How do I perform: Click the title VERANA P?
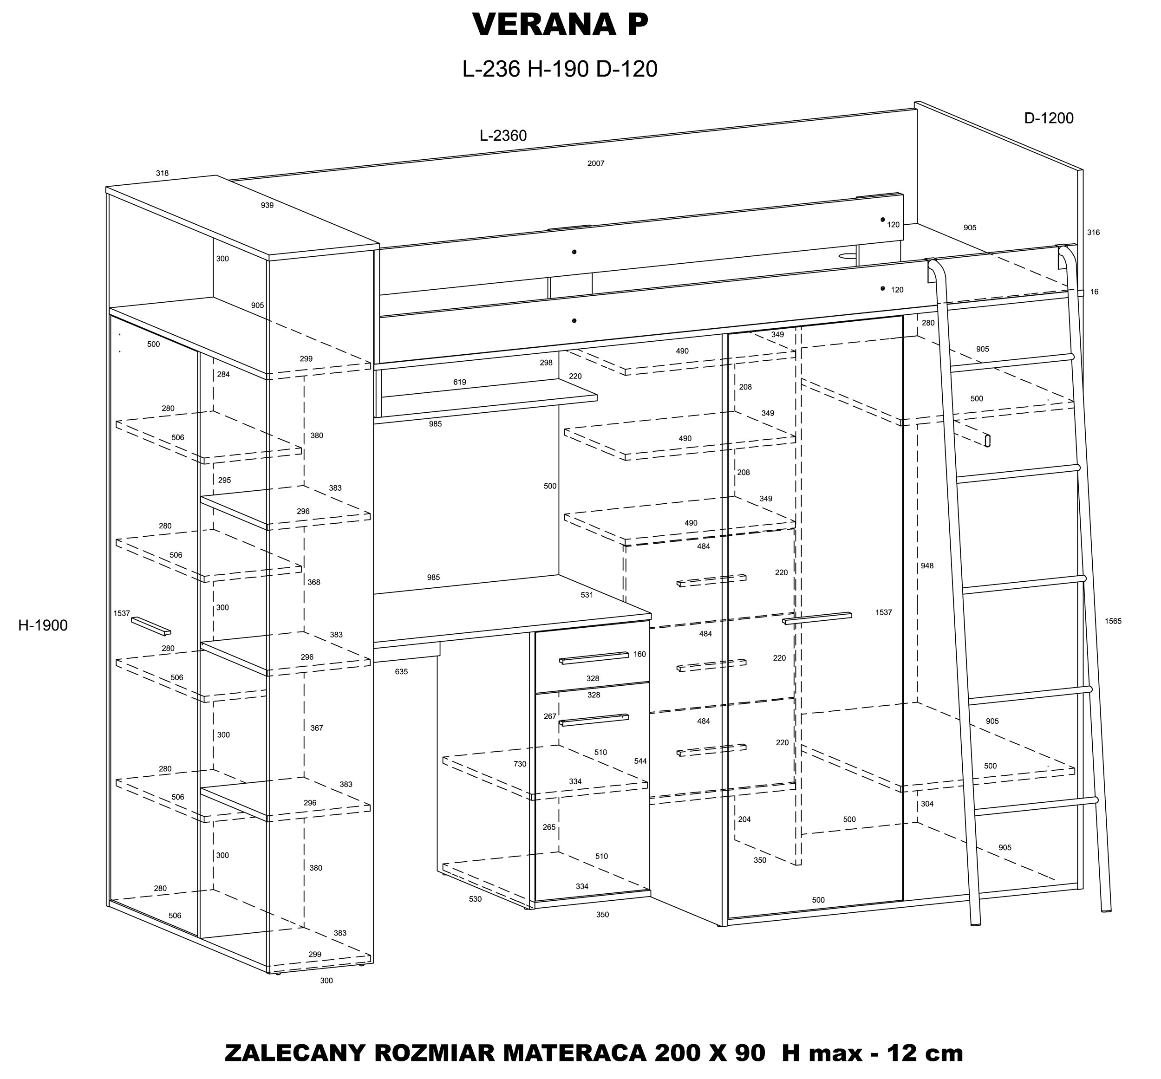(560, 25)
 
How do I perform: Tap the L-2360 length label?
(503, 136)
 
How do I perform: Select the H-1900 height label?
(43, 626)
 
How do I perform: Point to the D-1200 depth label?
(1049, 118)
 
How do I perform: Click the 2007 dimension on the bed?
(596, 163)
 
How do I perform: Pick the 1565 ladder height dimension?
(1113, 621)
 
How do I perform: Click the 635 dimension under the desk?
(401, 672)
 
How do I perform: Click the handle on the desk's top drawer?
(594, 657)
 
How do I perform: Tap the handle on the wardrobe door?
(817, 618)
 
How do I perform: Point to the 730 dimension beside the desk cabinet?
(520, 764)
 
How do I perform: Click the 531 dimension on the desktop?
(587, 595)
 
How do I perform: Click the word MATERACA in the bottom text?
(574, 1054)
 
